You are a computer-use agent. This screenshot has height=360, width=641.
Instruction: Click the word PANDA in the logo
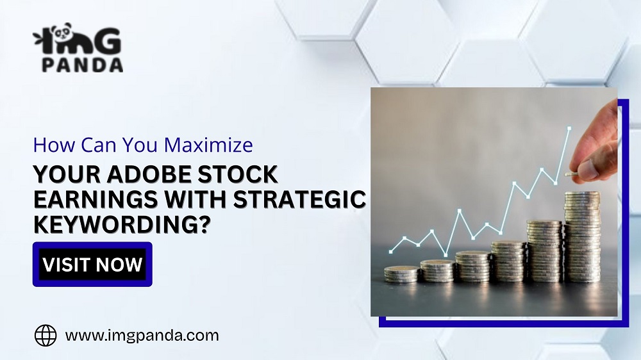point(81,65)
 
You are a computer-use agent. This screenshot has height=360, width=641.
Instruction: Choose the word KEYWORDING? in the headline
point(122,225)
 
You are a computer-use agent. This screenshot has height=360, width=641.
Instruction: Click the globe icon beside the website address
point(46,335)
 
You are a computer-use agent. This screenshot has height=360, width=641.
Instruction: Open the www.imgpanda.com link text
point(142,335)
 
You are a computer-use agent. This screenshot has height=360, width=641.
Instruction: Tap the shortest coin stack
point(401,274)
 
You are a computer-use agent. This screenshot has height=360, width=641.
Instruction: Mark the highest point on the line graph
point(569,129)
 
